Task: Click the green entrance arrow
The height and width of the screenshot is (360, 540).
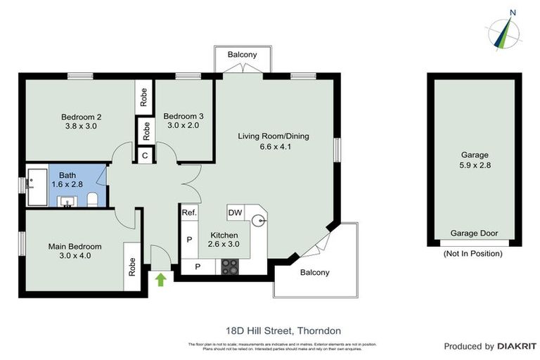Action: (160, 279)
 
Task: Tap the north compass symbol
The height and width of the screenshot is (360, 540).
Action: (504, 30)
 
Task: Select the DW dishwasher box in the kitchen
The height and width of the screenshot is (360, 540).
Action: (234, 212)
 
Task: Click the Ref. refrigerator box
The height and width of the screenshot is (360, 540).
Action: (188, 212)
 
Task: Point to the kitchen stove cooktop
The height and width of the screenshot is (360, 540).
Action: (230, 266)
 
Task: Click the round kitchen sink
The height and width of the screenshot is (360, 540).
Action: (262, 220)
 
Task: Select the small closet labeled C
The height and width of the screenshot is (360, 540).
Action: (145, 155)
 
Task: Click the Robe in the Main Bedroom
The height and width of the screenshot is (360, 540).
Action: (131, 266)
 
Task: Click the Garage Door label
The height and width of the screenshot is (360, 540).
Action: (475, 233)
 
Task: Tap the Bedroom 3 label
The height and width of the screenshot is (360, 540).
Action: (183, 116)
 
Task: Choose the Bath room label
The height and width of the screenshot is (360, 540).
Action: (67, 175)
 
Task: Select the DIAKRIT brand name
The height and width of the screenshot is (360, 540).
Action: (517, 346)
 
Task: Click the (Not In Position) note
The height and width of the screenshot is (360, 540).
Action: (475, 253)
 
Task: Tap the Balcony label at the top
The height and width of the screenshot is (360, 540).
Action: (242, 54)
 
